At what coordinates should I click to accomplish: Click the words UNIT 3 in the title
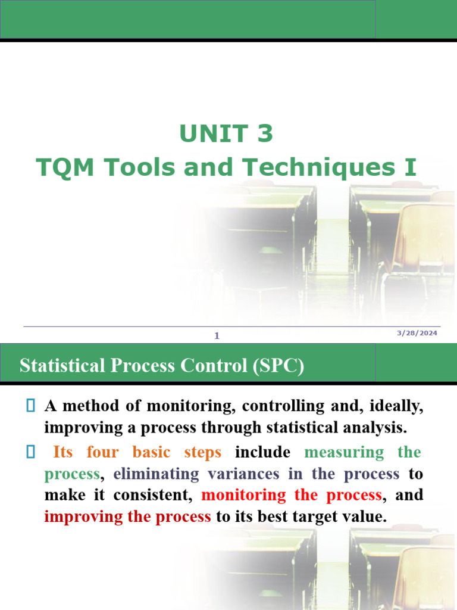226,134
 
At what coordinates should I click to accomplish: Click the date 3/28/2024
417,333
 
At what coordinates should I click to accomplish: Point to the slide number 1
217,336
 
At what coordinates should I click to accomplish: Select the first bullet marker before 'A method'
31,406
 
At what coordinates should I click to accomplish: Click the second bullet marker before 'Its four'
31,452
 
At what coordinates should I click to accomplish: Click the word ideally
396,406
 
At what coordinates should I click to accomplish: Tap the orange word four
103,452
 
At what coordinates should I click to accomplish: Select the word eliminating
150,474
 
